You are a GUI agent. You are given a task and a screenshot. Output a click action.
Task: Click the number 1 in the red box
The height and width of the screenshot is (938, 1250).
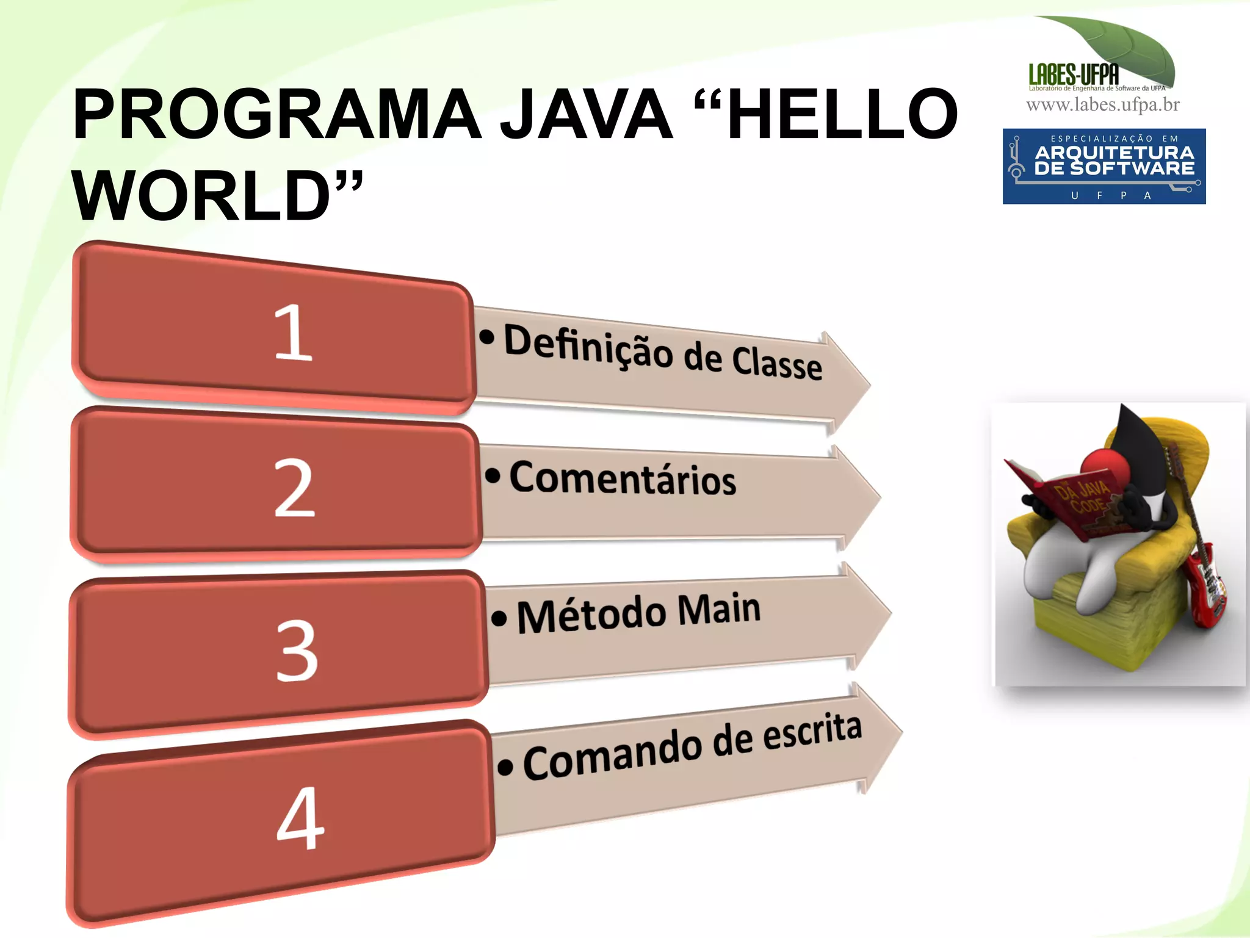click(x=293, y=332)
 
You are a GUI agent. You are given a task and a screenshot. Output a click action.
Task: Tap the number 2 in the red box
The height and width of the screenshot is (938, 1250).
click(x=294, y=488)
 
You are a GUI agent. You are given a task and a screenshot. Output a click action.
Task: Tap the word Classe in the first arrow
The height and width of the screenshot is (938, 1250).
click(x=776, y=364)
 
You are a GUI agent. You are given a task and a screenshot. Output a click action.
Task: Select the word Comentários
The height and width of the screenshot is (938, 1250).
click(x=623, y=478)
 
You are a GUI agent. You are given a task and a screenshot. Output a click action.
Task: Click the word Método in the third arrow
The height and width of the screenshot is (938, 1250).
click(x=591, y=615)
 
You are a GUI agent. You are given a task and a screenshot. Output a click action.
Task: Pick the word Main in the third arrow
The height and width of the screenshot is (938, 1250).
click(x=719, y=609)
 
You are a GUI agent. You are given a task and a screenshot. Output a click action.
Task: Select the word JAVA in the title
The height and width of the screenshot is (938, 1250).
click(x=586, y=114)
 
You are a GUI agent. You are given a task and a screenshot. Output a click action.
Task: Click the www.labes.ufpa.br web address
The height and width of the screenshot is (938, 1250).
click(x=1103, y=105)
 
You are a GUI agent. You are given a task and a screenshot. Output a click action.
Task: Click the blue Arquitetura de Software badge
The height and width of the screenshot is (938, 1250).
click(x=1104, y=166)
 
